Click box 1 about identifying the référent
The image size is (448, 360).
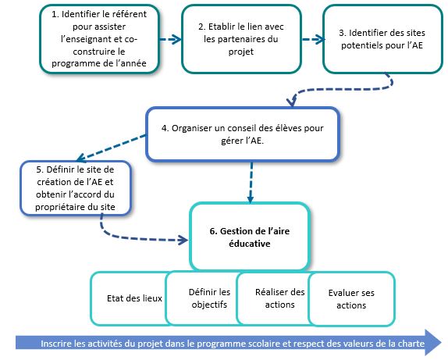click(x=99, y=39)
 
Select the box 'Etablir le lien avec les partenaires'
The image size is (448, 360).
click(x=241, y=39)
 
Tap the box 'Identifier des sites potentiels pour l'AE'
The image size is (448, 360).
click(x=382, y=39)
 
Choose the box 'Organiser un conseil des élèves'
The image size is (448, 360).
click(x=243, y=134)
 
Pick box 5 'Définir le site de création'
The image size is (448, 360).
click(x=76, y=188)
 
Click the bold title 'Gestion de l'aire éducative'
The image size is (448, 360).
click(x=250, y=237)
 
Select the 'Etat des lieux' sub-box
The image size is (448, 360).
click(x=131, y=298)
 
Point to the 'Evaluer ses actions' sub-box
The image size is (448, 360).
click(x=351, y=299)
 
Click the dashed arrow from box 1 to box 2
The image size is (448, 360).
click(x=170, y=39)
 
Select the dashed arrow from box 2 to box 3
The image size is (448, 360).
click(x=314, y=39)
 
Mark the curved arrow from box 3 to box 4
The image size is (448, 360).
click(x=343, y=89)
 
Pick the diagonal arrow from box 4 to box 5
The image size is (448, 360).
click(x=112, y=147)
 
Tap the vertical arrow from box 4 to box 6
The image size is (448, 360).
click(x=251, y=183)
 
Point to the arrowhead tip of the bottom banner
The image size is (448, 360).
click(x=442, y=343)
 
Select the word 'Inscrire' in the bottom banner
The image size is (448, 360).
click(x=55, y=344)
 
